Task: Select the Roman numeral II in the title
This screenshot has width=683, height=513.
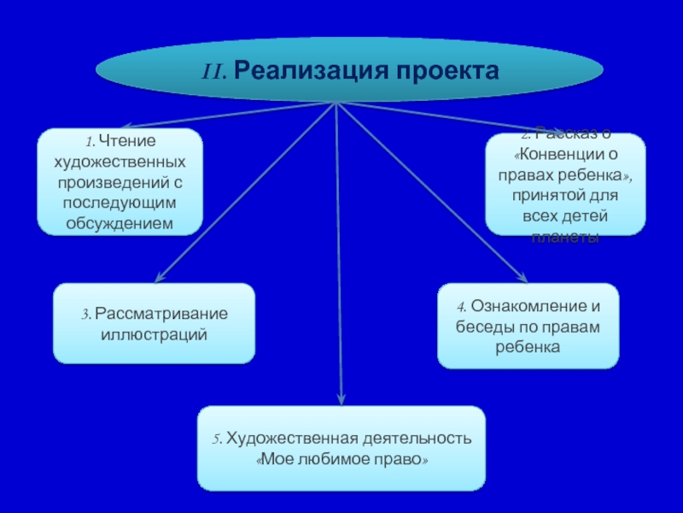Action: tap(213, 70)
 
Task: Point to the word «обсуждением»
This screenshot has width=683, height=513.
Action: tap(120, 222)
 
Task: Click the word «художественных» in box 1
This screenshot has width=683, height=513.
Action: tap(120, 161)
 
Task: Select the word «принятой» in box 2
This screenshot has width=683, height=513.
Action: tap(543, 196)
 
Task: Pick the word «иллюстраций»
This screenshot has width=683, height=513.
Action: tap(155, 333)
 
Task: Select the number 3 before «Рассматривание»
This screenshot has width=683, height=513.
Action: tap(85, 314)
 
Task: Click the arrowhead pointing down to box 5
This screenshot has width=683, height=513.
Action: tap(341, 398)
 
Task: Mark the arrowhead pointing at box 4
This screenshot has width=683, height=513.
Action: tap(522, 277)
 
